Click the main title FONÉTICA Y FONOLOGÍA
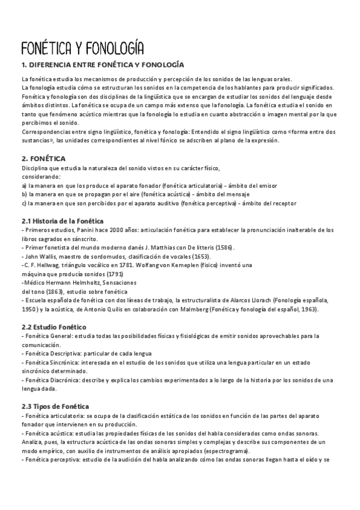click(x=82, y=48)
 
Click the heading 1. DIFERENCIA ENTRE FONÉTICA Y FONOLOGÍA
click(x=103, y=64)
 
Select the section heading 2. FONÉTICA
click(x=44, y=158)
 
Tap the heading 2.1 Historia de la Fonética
click(x=63, y=221)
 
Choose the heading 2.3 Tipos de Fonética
click(x=55, y=390)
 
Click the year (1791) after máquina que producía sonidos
click(x=114, y=274)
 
